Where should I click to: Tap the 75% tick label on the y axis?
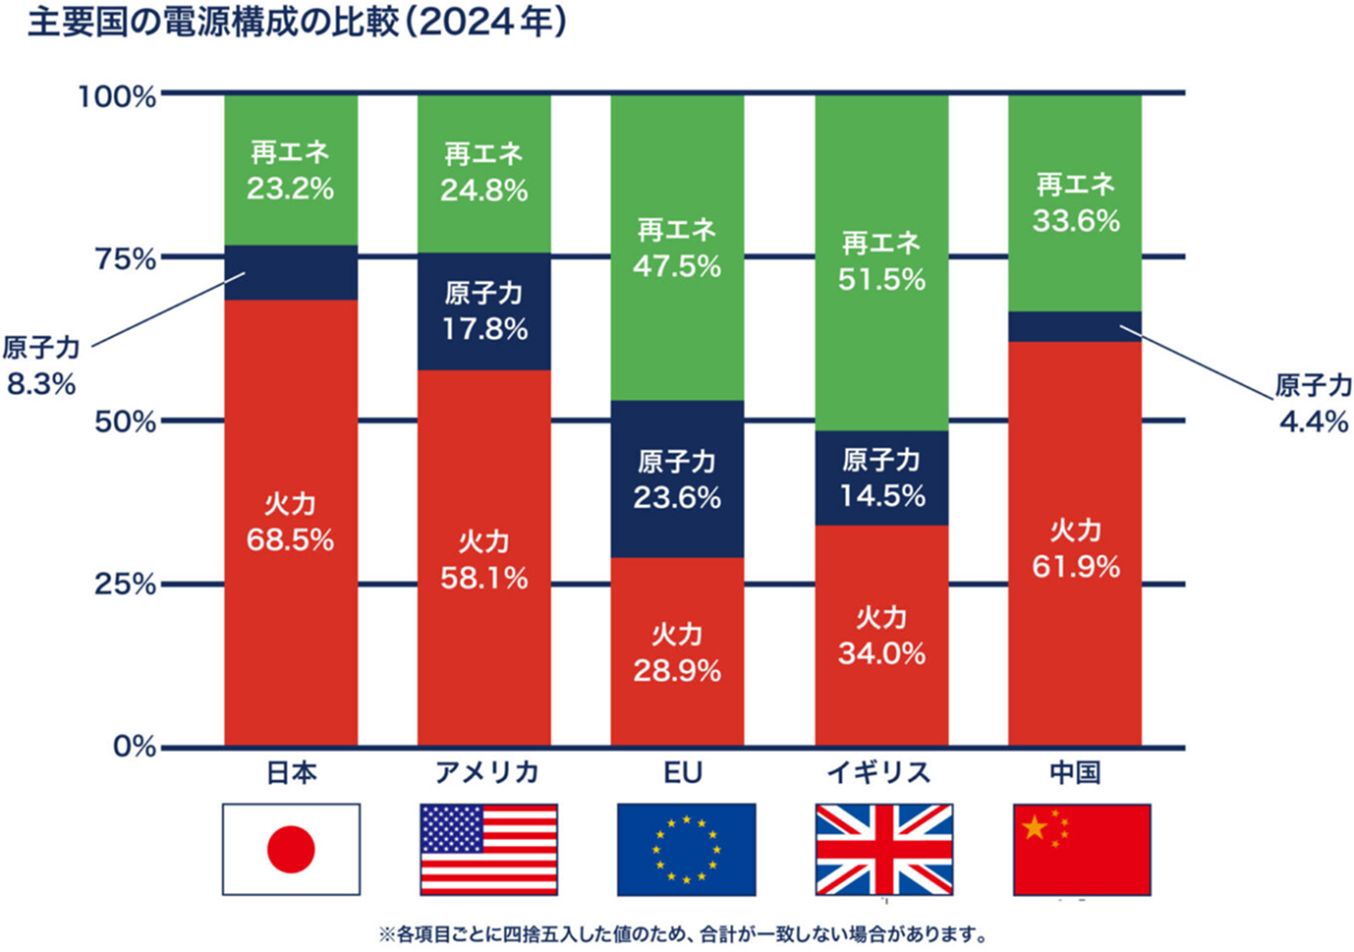click(125, 259)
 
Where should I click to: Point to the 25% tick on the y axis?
click(125, 585)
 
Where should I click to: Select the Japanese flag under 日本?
click(291, 849)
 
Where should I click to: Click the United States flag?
click(488, 849)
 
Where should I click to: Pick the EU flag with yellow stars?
click(686, 849)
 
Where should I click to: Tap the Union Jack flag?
click(883, 849)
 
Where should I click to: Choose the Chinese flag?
click(1081, 849)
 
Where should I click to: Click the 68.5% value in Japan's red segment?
click(290, 540)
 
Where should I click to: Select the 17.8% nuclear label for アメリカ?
click(483, 329)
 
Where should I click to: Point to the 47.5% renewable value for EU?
click(677, 266)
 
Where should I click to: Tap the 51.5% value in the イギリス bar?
click(881, 280)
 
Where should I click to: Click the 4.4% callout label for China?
click(1313, 421)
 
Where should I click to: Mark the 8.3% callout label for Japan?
click(41, 384)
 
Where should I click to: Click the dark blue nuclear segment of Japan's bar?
click(291, 272)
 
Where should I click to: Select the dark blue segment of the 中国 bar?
click(1075, 326)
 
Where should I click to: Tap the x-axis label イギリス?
click(878, 773)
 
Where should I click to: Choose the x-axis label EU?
click(682, 773)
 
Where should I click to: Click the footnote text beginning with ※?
click(682, 933)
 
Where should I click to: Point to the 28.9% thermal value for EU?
click(677, 671)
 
